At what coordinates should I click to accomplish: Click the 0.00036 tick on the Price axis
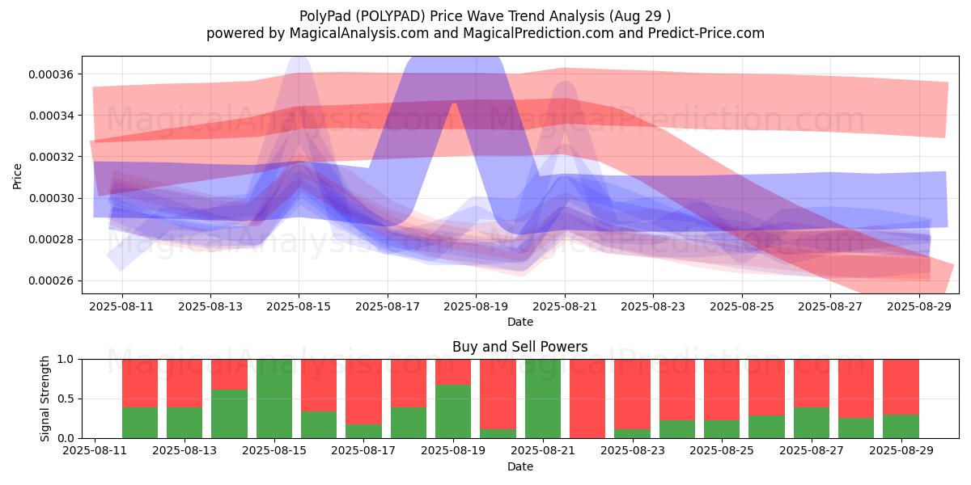[x=51, y=74]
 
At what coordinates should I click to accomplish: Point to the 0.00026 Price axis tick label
[x=51, y=281]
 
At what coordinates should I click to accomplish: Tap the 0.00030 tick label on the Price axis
[x=51, y=198]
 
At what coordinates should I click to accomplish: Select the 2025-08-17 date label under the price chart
[x=388, y=306]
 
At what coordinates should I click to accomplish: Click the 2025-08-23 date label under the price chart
[x=653, y=306]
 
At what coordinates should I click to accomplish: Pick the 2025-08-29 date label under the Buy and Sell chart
[x=901, y=450]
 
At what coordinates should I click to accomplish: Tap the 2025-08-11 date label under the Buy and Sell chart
[x=95, y=450]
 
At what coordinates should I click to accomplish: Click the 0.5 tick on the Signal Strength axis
[x=66, y=399]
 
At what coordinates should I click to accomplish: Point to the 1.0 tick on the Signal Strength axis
[x=66, y=360]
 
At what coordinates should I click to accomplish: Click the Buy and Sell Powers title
[x=520, y=347]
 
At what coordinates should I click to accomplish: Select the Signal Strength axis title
[x=45, y=399]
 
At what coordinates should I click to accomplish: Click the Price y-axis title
[x=17, y=176]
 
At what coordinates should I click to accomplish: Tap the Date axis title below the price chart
[x=520, y=322]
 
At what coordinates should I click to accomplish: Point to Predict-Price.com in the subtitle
[x=706, y=33]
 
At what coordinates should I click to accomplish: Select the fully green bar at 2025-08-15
[x=274, y=399]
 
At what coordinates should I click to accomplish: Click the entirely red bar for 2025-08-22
[x=587, y=399]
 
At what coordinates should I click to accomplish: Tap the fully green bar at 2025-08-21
[x=543, y=399]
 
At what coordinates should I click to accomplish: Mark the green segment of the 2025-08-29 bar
[x=901, y=427]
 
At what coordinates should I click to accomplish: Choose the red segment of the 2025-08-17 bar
[x=363, y=392]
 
